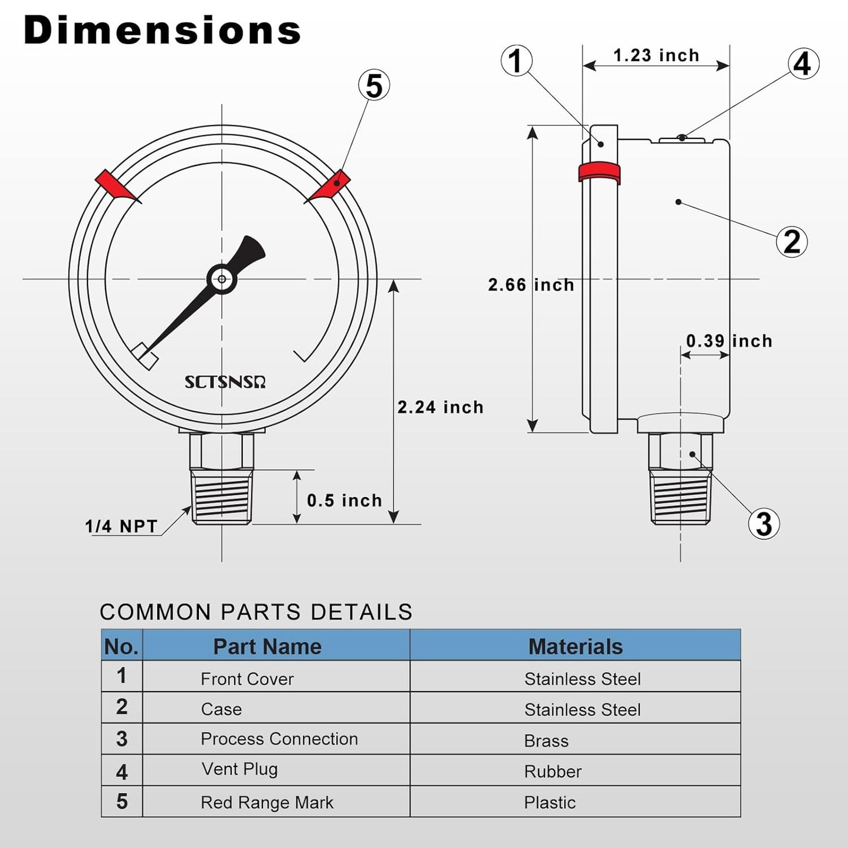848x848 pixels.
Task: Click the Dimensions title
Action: click(x=162, y=31)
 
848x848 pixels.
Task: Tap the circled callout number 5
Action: click(x=374, y=86)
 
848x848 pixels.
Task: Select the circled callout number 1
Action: click(x=516, y=61)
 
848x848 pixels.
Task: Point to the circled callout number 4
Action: click(x=803, y=64)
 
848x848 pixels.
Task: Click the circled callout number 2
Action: click(x=792, y=241)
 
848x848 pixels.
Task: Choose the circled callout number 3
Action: click(x=763, y=523)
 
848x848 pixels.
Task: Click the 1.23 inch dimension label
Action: click(x=656, y=56)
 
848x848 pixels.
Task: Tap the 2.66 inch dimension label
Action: click(x=531, y=285)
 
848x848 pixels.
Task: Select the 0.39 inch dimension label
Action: click(x=729, y=341)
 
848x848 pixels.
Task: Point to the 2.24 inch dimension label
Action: click(x=440, y=407)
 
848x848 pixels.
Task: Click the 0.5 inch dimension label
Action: click(x=344, y=501)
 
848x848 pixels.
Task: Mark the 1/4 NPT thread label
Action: click(x=121, y=526)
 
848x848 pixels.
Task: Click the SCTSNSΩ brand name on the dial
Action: click(x=225, y=382)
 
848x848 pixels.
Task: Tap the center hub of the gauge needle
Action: click(x=222, y=279)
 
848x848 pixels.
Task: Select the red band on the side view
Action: click(x=599, y=172)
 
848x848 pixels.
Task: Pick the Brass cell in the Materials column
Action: click(x=546, y=741)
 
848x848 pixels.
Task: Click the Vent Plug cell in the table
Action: click(x=239, y=769)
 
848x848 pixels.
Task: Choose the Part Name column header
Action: click(x=267, y=647)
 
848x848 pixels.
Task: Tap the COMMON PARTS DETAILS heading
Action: click(x=256, y=612)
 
